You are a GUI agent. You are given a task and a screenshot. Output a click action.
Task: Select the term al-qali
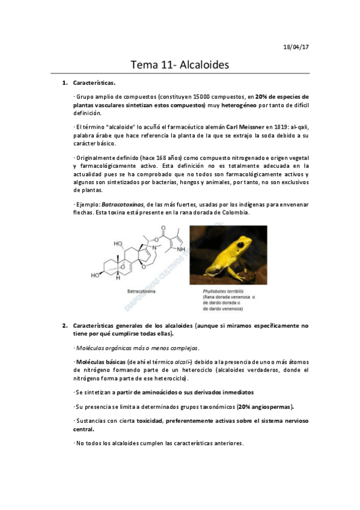297,127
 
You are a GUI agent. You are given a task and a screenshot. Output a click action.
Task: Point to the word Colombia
233,212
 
